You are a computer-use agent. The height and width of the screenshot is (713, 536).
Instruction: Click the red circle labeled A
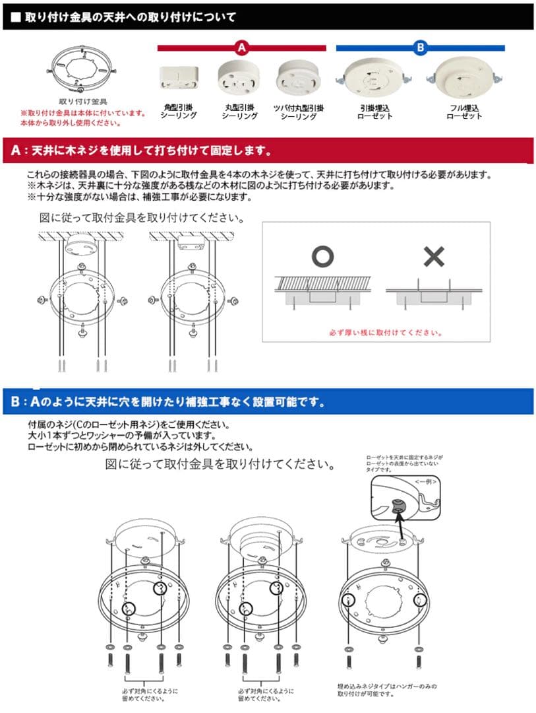(241, 48)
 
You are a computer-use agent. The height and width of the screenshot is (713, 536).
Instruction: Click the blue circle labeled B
(421, 48)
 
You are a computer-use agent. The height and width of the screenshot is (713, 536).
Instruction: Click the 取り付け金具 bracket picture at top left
(83, 70)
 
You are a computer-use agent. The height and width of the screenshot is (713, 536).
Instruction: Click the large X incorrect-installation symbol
(433, 257)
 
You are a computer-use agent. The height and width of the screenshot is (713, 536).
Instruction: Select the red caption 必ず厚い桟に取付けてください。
(385, 333)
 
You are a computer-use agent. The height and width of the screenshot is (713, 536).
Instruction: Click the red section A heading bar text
(142, 151)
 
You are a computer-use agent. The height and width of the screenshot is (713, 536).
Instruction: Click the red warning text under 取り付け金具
(84, 118)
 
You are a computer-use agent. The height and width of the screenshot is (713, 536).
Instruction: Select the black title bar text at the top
(129, 17)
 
